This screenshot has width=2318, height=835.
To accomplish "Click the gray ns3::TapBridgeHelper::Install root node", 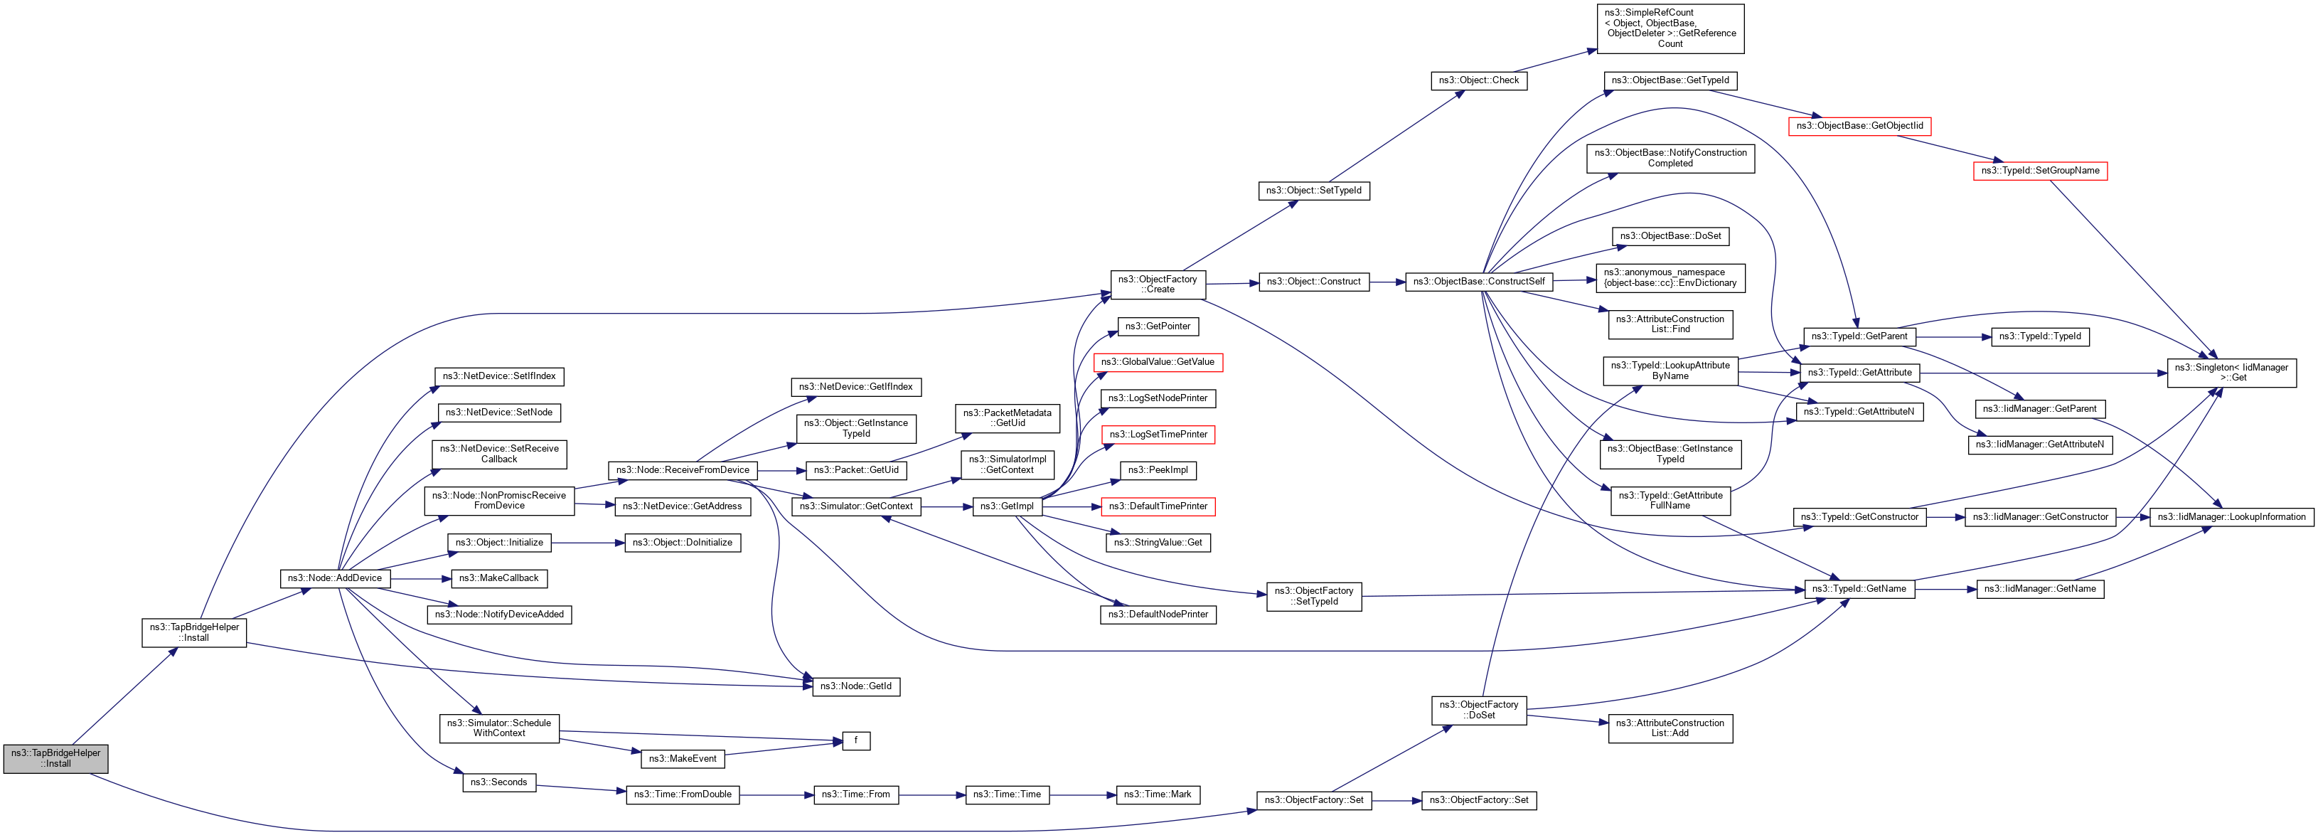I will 55,757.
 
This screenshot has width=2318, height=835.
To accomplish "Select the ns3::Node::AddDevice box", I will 335,578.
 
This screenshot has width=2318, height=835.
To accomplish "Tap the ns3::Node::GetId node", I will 856,686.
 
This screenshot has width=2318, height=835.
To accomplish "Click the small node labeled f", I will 856,740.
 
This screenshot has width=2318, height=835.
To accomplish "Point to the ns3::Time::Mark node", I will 1157,794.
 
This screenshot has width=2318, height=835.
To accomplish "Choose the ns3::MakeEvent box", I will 682,758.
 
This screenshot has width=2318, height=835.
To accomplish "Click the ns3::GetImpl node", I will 1006,506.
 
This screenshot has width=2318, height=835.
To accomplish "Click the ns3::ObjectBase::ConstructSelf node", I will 1478,282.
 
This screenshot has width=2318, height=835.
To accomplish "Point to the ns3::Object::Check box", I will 1478,80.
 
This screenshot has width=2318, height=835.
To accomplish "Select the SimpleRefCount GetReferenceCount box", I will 1670,28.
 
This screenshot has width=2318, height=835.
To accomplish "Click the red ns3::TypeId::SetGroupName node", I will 2040,170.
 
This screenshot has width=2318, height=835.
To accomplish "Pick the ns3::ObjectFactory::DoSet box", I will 1478,710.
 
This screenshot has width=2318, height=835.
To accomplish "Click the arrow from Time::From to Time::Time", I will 931,794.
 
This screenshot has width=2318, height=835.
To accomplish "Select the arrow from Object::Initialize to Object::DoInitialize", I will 587,543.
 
